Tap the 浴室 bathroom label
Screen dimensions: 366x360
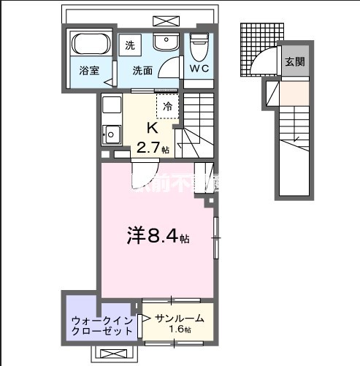pyautogui.click(x=90, y=71)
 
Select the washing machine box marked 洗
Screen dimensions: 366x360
pyautogui.click(x=130, y=45)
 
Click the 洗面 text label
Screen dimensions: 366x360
pyautogui.click(x=142, y=71)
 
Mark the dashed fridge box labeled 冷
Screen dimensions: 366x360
pyautogui.click(x=168, y=106)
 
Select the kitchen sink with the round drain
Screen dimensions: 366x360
pyautogui.click(x=111, y=134)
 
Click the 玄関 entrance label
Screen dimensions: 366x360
pyautogui.click(x=295, y=61)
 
